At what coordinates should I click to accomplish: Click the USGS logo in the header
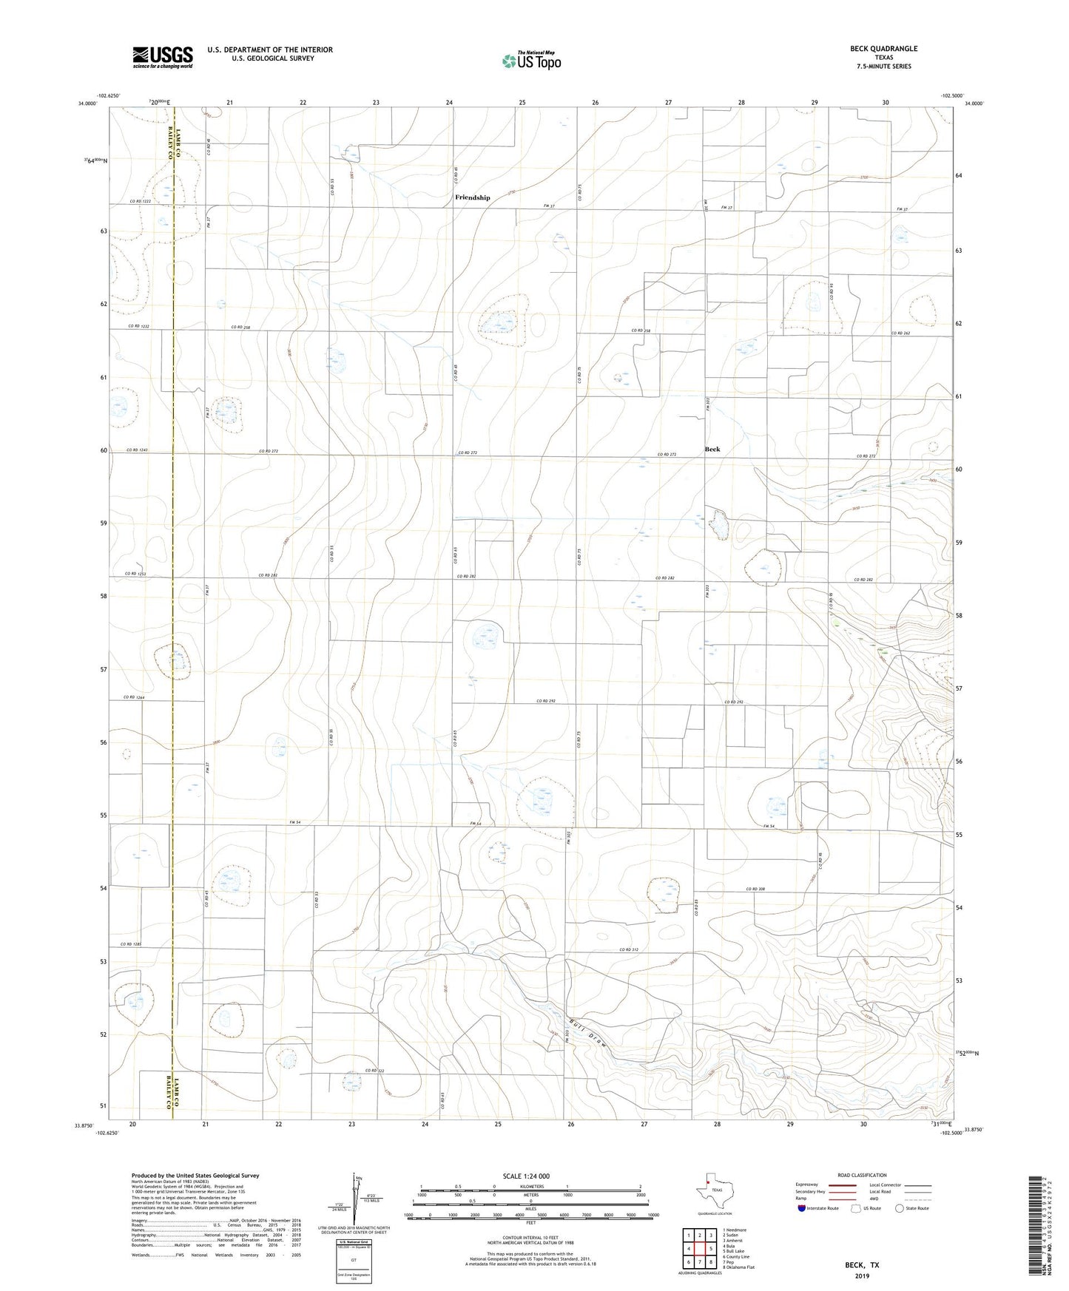pyautogui.click(x=163, y=57)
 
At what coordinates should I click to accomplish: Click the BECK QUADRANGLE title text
pyautogui.click(x=883, y=49)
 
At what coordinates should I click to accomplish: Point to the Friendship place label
pyautogui.click(x=472, y=197)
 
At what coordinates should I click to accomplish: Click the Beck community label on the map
pyautogui.click(x=712, y=449)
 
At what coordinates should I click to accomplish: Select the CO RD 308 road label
pyautogui.click(x=755, y=889)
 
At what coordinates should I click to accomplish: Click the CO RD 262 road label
pyautogui.click(x=900, y=333)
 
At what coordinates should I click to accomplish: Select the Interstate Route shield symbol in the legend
pyautogui.click(x=802, y=1208)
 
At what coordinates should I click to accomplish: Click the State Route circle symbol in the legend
pyautogui.click(x=899, y=1208)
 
